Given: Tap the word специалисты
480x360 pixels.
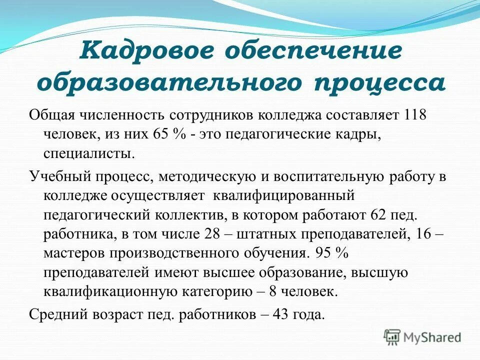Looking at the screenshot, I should coord(89,153).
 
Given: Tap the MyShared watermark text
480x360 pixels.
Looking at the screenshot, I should coord(433,337).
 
